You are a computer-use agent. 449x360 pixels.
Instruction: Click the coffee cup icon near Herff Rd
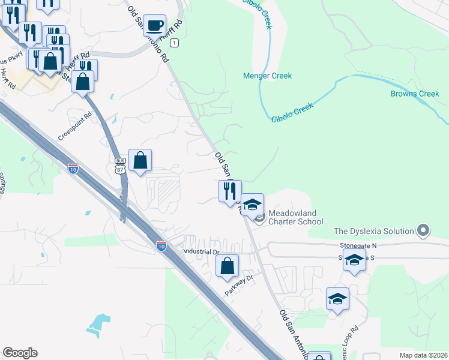(x=155, y=25)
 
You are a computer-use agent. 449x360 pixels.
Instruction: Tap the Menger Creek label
(x=267, y=76)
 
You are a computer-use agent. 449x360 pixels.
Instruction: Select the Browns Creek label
(x=415, y=94)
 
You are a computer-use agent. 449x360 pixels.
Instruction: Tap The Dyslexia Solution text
(x=374, y=231)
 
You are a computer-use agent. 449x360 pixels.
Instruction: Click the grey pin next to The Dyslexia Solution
(x=424, y=230)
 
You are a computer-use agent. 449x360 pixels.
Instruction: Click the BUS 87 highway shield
(x=119, y=165)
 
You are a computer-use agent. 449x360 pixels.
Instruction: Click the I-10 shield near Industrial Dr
(x=161, y=245)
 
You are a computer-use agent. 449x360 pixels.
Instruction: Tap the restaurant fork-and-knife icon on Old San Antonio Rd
(x=229, y=191)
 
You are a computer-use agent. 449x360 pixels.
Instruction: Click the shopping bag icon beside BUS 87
(x=140, y=160)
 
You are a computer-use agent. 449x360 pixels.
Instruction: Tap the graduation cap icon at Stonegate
(x=354, y=261)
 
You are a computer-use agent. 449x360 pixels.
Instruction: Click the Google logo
(x=20, y=353)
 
